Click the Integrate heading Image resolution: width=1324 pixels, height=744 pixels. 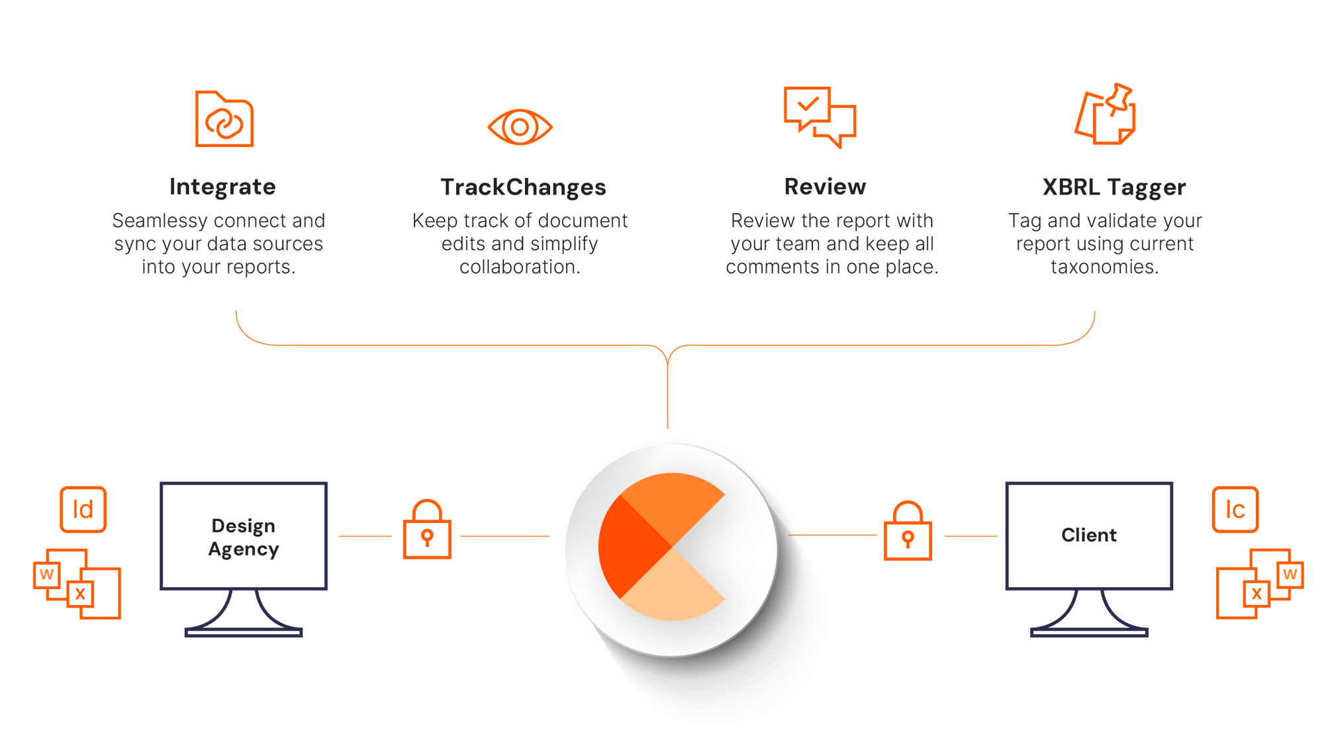pyautogui.click(x=222, y=187)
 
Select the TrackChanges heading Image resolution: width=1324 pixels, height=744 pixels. pyautogui.click(x=523, y=188)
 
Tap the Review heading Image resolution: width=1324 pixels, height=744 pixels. pyautogui.click(x=825, y=187)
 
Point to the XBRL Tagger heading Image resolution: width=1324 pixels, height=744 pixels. pyautogui.click(x=1113, y=188)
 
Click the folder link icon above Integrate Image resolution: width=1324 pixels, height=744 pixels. pyautogui.click(x=224, y=120)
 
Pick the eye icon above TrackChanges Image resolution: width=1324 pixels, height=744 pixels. pyautogui.click(x=520, y=127)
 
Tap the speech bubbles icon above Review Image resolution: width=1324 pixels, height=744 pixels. pyautogui.click(x=819, y=116)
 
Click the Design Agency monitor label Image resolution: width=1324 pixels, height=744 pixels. pyautogui.click(x=244, y=537)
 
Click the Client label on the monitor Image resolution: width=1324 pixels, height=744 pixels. pyautogui.click(x=1089, y=535)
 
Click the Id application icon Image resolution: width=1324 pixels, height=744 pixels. pyautogui.click(x=83, y=509)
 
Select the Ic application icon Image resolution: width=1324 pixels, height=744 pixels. pyautogui.click(x=1235, y=509)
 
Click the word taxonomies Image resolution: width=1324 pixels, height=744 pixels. pyautogui.click(x=1104, y=267)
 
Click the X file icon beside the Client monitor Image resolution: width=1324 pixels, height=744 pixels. pyautogui.click(x=1256, y=594)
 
